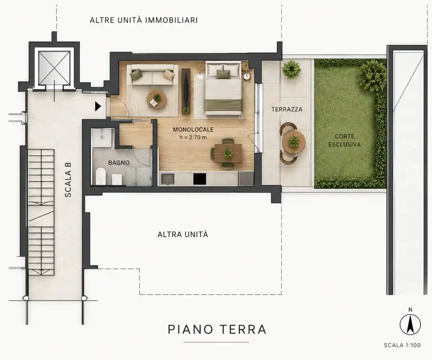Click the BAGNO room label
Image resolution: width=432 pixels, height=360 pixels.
pyautogui.click(x=119, y=163)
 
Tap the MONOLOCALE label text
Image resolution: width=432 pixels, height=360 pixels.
pyautogui.click(x=193, y=130)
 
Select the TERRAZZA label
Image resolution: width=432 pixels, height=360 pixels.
pyautogui.click(x=287, y=109)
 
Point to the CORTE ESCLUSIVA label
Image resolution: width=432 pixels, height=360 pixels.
pyautogui.click(x=345, y=140)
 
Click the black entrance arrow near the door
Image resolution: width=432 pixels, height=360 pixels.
pyautogui.click(x=98, y=107)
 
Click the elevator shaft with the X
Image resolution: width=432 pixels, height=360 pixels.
pyautogui.click(x=55, y=68)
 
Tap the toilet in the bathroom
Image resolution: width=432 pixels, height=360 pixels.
pyautogui.click(x=101, y=176)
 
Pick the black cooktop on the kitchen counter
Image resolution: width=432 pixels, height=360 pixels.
pyautogui.click(x=200, y=179)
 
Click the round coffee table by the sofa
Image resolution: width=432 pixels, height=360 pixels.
pyautogui.click(x=157, y=100)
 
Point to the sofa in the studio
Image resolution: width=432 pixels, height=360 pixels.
pyautogui.click(x=153, y=75)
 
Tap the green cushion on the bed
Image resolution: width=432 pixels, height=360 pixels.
pyautogui.click(x=223, y=74)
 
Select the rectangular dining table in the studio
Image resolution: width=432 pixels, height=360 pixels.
pyautogui.click(x=228, y=153)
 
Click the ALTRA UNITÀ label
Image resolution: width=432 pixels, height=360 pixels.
pyautogui.click(x=183, y=235)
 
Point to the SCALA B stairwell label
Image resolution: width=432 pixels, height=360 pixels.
pyautogui.click(x=68, y=180)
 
